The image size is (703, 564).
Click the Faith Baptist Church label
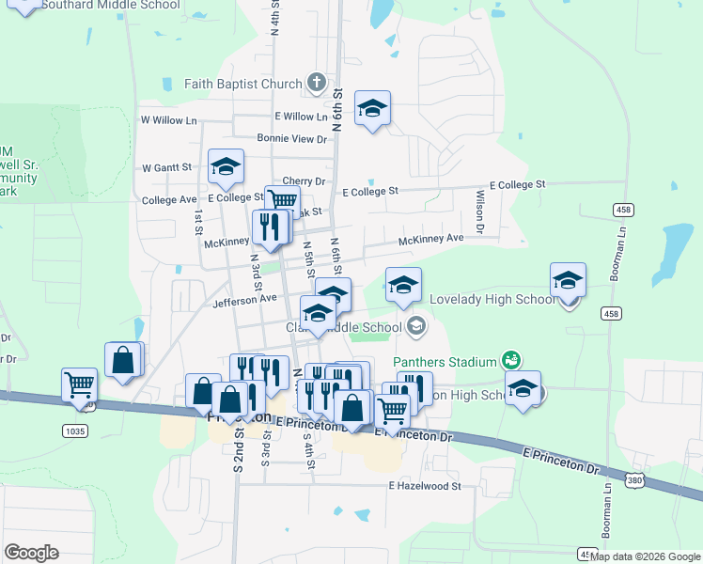[242, 84]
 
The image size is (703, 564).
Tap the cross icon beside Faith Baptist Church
[316, 84]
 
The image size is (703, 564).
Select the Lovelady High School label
[492, 300]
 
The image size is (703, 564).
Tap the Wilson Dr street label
[479, 212]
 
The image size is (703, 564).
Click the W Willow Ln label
[169, 120]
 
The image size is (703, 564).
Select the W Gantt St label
[166, 167]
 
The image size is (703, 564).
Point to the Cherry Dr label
[303, 180]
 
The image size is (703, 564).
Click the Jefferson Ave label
[245, 300]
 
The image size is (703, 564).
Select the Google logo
[31, 553]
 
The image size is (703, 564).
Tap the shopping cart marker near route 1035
[79, 384]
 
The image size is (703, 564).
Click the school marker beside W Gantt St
[226, 166]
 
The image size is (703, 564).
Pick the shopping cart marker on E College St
[282, 201]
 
